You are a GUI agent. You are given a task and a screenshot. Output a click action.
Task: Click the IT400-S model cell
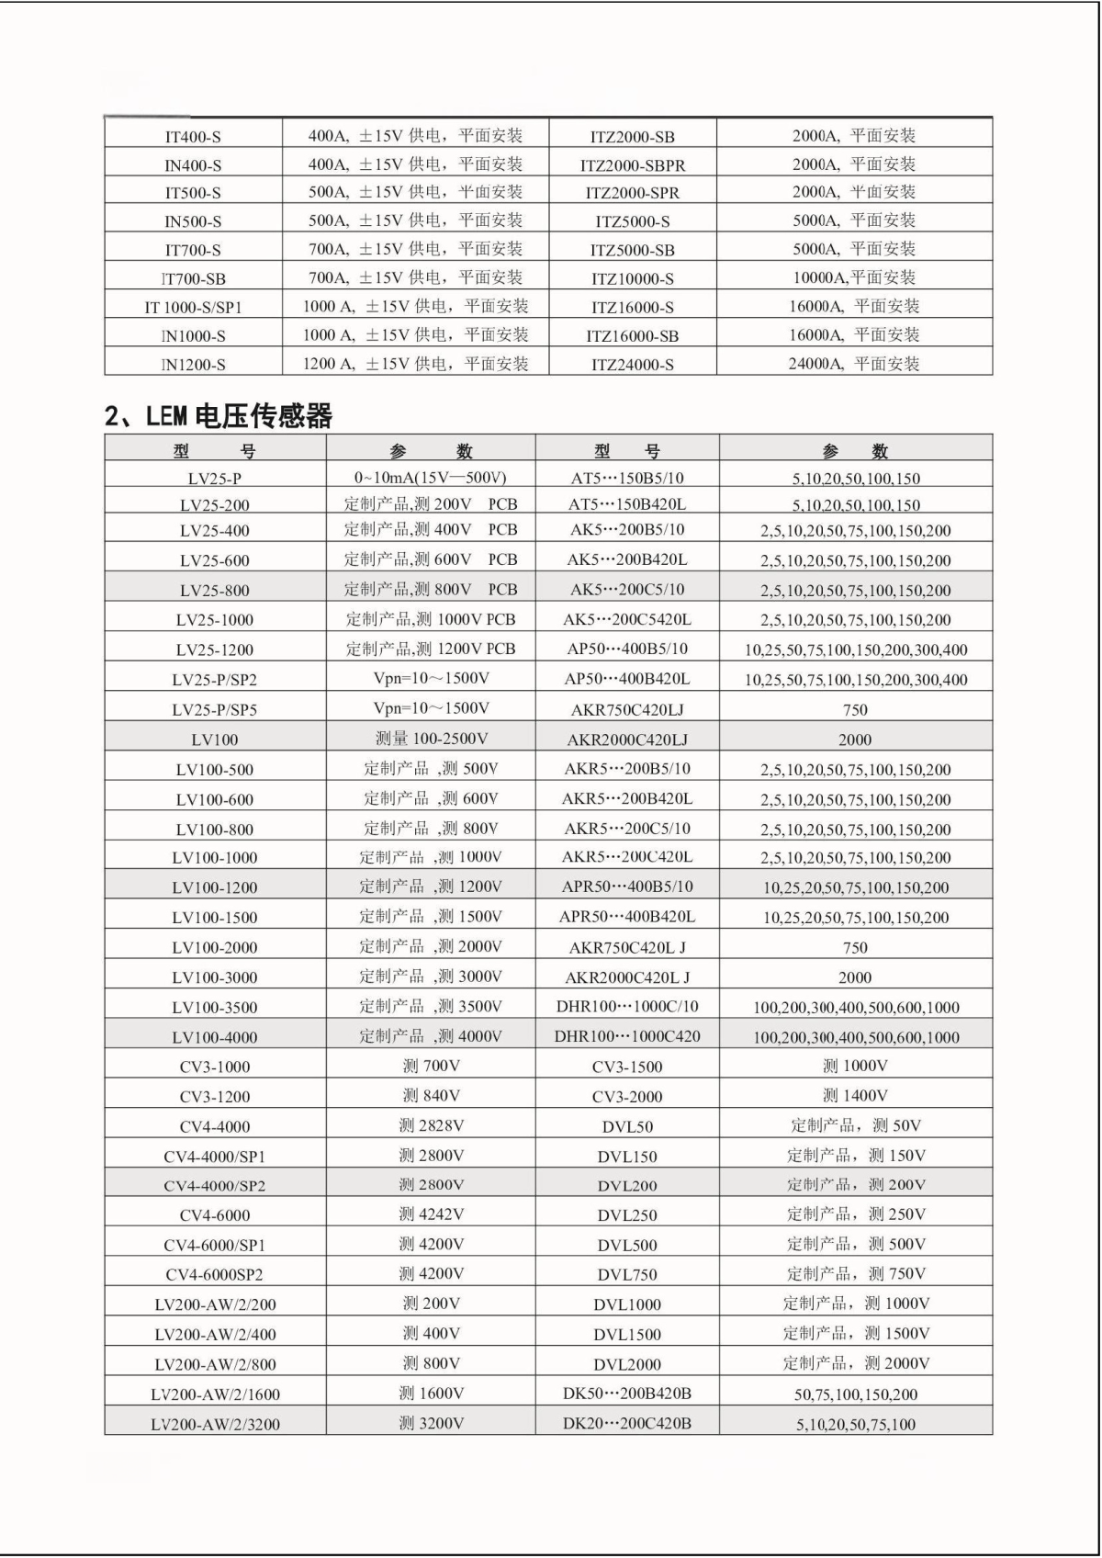(193, 137)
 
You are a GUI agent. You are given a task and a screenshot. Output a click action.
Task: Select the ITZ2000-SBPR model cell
(633, 165)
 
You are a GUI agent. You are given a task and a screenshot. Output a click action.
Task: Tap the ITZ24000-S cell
(633, 365)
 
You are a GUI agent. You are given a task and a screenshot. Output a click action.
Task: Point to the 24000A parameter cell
(854, 364)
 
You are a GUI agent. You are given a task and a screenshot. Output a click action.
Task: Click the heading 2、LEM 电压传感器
(219, 416)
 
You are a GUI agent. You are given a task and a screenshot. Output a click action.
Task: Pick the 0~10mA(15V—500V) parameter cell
(431, 478)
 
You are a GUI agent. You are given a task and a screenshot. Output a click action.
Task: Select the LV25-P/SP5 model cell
(215, 709)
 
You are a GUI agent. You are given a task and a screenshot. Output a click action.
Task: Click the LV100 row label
(215, 739)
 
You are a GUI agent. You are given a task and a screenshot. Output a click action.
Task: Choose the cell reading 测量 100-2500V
(431, 739)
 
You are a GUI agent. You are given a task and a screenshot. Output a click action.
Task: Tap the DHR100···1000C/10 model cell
(627, 1006)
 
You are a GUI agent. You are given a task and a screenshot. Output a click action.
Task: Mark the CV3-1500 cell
(627, 1067)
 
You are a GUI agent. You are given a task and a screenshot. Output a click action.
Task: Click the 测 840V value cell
(431, 1096)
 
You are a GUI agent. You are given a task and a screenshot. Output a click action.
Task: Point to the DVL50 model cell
(627, 1126)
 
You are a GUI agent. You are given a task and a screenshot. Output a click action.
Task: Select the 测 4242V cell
(431, 1214)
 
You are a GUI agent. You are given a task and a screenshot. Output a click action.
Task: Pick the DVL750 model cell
(627, 1274)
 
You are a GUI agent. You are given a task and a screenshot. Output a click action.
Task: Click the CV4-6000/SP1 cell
(215, 1245)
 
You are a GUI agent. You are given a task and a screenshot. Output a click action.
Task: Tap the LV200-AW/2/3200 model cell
(215, 1424)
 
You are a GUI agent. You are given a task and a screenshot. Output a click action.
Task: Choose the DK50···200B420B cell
(627, 1394)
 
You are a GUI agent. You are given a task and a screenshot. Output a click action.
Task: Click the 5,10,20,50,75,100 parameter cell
(856, 1424)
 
